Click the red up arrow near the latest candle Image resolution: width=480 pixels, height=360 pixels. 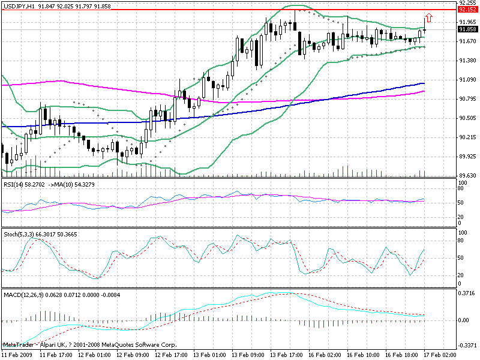[x=428, y=18]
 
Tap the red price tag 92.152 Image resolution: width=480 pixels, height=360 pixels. [x=467, y=10]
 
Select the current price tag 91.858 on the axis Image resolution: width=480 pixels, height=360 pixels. [x=467, y=29]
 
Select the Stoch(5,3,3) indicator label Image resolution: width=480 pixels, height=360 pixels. [x=17, y=233]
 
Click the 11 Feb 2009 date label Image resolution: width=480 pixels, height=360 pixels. [x=16, y=355]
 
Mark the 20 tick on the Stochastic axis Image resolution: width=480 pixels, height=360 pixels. [x=461, y=275]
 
